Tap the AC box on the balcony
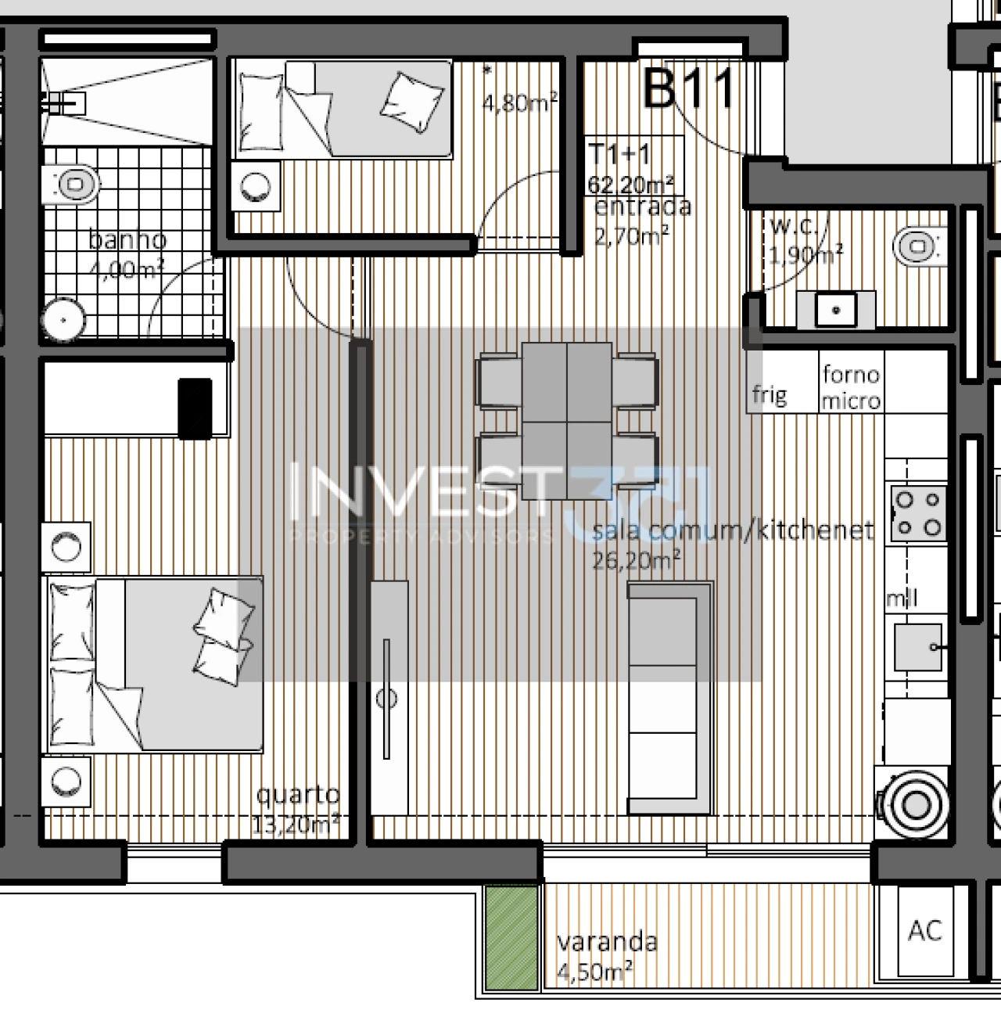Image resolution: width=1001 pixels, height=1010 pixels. pyautogui.click(x=925, y=930)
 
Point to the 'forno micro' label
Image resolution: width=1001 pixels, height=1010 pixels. pyautogui.click(x=851, y=387)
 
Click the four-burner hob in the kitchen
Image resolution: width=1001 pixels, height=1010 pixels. pyautogui.click(x=917, y=513)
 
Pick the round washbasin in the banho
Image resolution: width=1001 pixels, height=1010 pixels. pyautogui.click(x=63, y=320)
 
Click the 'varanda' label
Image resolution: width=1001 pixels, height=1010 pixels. pyautogui.click(x=607, y=941)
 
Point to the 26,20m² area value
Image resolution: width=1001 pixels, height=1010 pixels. pyautogui.click(x=635, y=560)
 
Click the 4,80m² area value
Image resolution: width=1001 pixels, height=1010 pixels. pyautogui.click(x=520, y=102)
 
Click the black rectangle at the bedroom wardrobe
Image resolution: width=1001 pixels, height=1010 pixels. pyautogui.click(x=195, y=408)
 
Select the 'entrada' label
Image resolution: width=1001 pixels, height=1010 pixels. pyautogui.click(x=643, y=207)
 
